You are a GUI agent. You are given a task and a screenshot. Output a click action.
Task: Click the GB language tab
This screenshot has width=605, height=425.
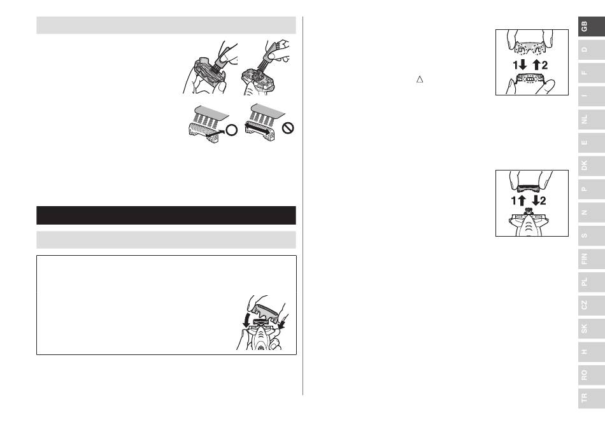coord(592,26)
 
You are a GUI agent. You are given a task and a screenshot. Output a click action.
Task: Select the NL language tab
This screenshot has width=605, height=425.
coord(592,119)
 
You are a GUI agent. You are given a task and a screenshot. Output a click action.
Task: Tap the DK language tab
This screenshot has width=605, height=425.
coord(592,165)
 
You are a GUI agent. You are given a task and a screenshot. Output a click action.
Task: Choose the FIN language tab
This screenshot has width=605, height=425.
coord(592,258)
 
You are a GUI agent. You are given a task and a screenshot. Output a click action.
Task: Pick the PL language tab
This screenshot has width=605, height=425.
coord(592,282)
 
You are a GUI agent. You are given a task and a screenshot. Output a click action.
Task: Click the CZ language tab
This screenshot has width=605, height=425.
coord(592,305)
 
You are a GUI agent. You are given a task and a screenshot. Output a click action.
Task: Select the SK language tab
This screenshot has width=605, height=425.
coord(592,328)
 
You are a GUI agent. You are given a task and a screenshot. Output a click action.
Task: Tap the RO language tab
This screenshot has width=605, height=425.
coord(592,375)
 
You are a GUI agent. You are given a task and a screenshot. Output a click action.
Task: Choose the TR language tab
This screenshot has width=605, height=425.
coord(592,398)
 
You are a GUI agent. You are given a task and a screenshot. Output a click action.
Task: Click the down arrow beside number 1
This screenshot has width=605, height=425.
coord(523,65)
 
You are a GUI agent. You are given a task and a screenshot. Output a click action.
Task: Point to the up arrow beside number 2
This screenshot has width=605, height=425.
coord(536,65)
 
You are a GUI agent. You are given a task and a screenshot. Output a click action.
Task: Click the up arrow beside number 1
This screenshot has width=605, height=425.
coord(522,200)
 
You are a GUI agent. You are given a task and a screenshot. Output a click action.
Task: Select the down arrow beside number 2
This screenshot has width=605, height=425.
coord(536,200)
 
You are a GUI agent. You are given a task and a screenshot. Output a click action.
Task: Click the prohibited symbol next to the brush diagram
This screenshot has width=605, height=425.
coord(288,128)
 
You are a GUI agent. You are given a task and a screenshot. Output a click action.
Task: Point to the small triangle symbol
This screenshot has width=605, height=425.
coord(420,80)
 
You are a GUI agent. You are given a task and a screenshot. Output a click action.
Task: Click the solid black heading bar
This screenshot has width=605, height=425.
coord(166,216)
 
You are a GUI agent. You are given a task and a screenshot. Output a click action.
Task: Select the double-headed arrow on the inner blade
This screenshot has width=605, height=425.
coord(260,129)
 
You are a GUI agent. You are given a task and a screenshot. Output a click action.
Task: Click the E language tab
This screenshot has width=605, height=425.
coord(592,142)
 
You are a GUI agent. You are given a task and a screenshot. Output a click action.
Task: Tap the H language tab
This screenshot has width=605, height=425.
coord(592,351)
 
